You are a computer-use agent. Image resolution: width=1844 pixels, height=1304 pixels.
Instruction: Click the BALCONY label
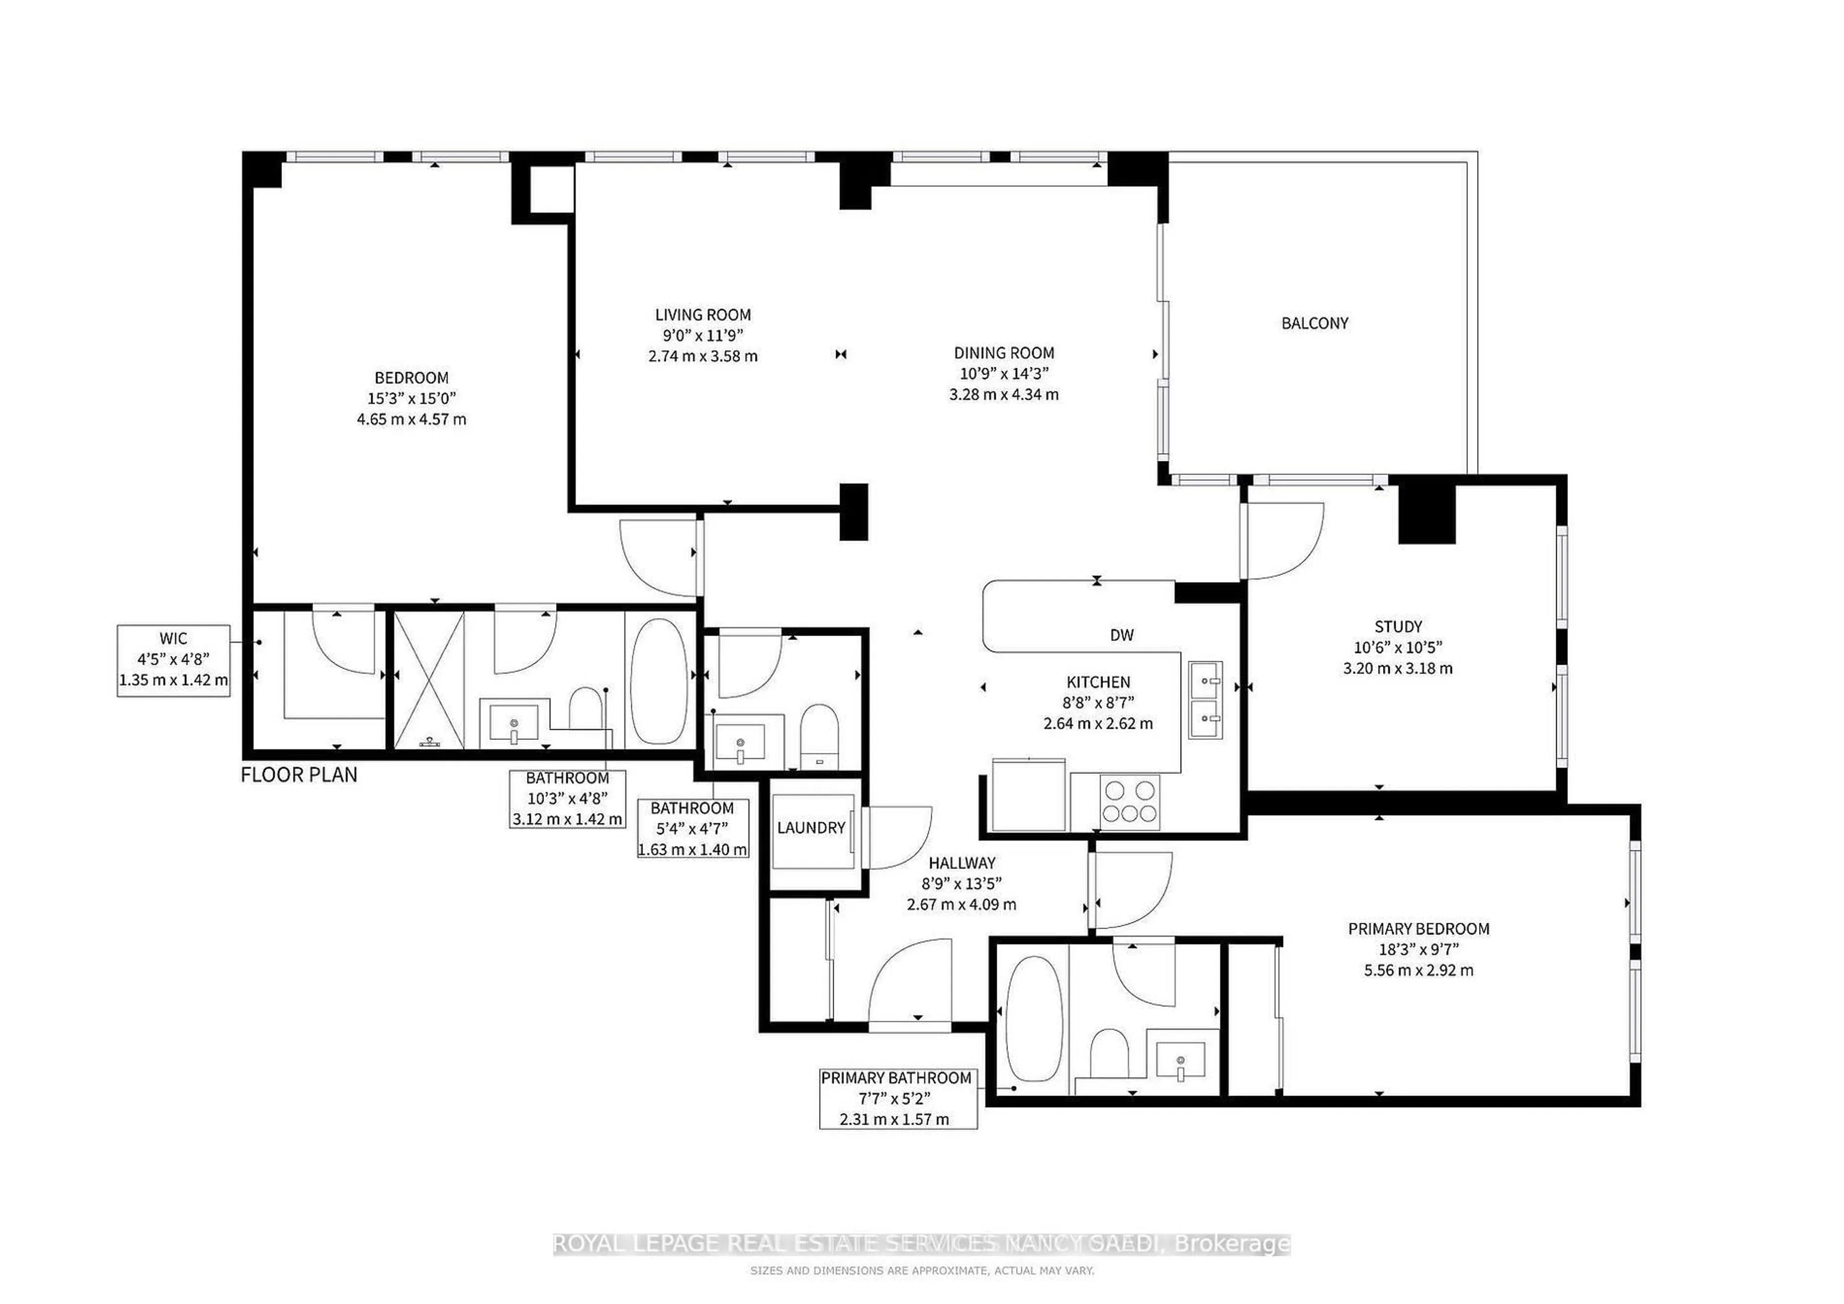pyautogui.click(x=1314, y=323)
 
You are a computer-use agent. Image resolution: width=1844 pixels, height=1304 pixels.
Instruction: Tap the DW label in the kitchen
pyautogui.click(x=1121, y=635)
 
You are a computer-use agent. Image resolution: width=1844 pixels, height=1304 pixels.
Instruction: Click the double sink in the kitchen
pyautogui.click(x=1205, y=700)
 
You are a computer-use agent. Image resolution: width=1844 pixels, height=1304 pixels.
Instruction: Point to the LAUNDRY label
pyautogui.click(x=811, y=827)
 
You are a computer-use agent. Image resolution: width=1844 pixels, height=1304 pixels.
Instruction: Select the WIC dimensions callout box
pyautogui.click(x=173, y=660)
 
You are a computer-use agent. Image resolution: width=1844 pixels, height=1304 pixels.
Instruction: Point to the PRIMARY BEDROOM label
pyautogui.click(x=1419, y=929)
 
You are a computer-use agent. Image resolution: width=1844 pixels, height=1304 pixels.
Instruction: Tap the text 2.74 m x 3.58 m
pyautogui.click(x=703, y=356)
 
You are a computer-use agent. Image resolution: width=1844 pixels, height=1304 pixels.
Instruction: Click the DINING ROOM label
pyautogui.click(x=1003, y=352)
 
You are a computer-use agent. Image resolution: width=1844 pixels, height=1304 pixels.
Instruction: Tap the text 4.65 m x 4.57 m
pyautogui.click(x=411, y=419)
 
